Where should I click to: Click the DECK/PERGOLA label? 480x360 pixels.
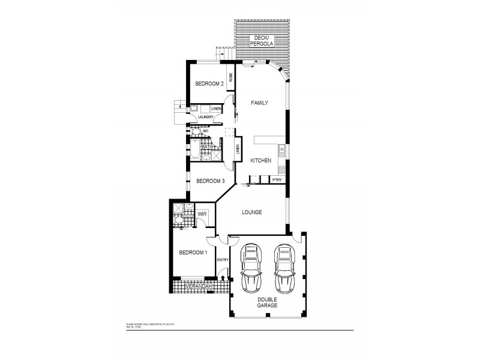[262, 41]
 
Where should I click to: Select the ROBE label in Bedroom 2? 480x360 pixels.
[230, 77]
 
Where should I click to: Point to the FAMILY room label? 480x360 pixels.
[259, 103]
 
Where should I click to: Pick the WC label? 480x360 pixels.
[205, 130]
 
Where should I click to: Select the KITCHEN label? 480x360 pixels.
[261, 160]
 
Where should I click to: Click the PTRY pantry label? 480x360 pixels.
[277, 179]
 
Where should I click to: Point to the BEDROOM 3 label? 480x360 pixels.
[211, 181]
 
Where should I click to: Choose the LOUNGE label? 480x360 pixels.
[252, 212]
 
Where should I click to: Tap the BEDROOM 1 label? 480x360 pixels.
[193, 253]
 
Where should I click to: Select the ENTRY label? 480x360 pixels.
[223, 259]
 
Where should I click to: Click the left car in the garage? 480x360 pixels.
[251, 268]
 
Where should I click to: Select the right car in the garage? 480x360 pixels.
[284, 268]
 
